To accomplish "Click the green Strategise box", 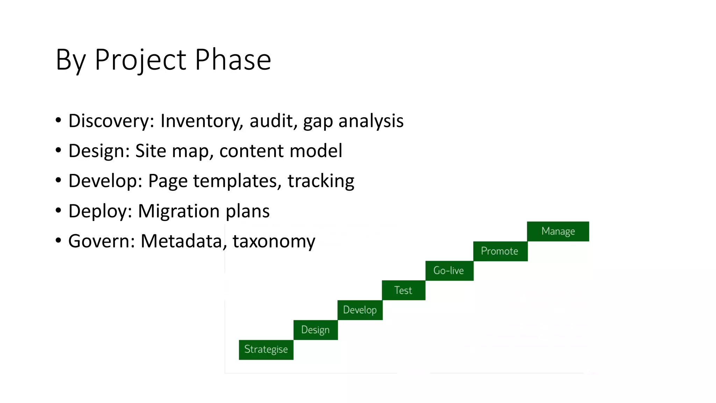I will coord(266,349).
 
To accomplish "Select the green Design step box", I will coord(315,330).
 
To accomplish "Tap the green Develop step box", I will coord(360,310).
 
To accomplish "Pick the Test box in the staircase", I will coord(403,290).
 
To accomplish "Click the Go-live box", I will coord(449,270).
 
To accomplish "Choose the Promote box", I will coord(500,251).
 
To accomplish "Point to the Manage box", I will coord(558,231).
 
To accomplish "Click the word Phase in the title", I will coord(233,59).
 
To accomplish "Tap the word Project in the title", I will coord(140,59).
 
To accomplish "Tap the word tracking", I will coord(321,181).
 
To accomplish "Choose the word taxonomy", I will coord(274,241).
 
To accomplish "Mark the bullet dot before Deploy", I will coord(58,210).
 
